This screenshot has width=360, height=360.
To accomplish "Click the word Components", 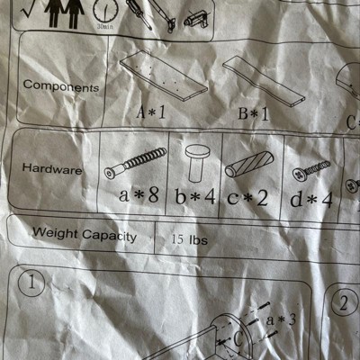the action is [x=61, y=86].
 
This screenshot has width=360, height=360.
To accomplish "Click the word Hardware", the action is [x=52, y=169].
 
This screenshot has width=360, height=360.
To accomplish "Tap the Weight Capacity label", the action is [x=85, y=235].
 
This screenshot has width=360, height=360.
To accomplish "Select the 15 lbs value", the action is [x=190, y=240].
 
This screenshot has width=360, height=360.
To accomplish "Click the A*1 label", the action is [x=151, y=113].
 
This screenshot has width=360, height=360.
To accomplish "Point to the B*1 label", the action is [x=254, y=114].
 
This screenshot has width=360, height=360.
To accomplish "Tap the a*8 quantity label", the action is [x=139, y=194].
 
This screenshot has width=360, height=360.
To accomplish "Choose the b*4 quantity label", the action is [x=195, y=197].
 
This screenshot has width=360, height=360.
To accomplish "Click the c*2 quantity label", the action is [x=247, y=198].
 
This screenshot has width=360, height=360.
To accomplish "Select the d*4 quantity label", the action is [x=311, y=200].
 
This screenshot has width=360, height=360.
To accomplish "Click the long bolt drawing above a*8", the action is [x=135, y=163].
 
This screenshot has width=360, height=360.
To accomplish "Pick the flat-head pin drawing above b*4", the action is [x=197, y=163].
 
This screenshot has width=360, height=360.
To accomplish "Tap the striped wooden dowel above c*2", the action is [x=249, y=164].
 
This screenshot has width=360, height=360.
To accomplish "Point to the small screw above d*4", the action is [x=311, y=171].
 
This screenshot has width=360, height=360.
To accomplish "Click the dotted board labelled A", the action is [x=164, y=76].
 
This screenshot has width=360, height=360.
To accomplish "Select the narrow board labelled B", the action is [x=264, y=81].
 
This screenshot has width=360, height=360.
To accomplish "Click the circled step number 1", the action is [x=31, y=283].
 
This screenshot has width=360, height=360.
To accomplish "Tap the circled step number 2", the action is [x=344, y=302].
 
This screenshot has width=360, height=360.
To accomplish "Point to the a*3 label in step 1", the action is [x=281, y=320].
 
